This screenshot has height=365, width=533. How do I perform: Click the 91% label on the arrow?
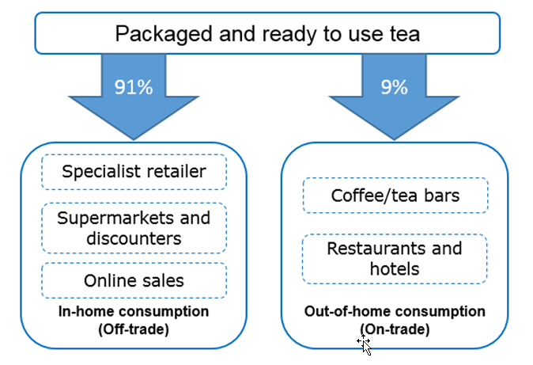click(x=134, y=87)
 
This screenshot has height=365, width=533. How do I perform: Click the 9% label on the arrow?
click(x=394, y=87)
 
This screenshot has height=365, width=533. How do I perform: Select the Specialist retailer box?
click(x=134, y=172)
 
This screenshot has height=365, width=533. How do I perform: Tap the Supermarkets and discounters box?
click(x=134, y=228)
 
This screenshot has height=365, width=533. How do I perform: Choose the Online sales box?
click(x=134, y=280)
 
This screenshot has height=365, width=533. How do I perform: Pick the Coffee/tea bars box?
click(x=395, y=196)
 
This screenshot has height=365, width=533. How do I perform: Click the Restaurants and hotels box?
click(x=395, y=259)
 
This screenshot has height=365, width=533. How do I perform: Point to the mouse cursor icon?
click(x=365, y=344)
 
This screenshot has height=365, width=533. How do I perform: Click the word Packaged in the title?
click(x=164, y=34)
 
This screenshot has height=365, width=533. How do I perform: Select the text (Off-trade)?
click(x=134, y=329)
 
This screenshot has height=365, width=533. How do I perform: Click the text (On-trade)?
click(x=395, y=329)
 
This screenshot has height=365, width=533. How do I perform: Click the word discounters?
click(x=134, y=238)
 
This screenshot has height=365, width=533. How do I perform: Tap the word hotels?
click(x=395, y=268)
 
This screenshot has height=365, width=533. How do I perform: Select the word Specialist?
click(x=100, y=172)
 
